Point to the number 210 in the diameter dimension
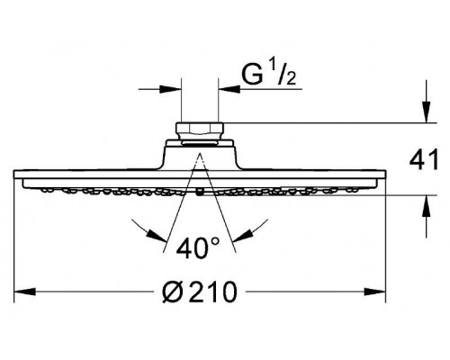point(217,294)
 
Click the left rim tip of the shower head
point(18,174)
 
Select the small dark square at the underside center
point(199,192)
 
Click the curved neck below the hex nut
point(199,148)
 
